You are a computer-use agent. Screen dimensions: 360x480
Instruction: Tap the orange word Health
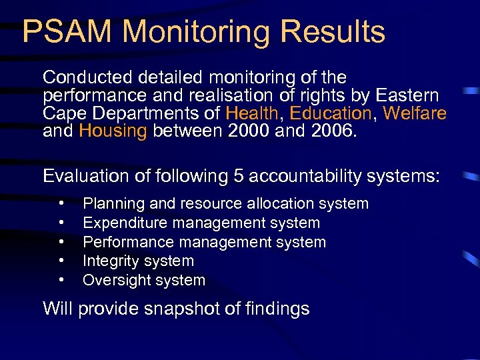coord(252,113)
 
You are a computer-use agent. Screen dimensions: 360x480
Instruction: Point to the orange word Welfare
coord(415,113)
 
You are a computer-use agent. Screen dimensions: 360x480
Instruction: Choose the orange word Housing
coord(113,131)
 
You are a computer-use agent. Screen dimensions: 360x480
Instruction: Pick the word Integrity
coord(109,261)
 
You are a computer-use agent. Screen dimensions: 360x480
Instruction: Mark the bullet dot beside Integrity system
coord(61,261)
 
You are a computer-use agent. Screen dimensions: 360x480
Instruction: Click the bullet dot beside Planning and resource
coord(61,203)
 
